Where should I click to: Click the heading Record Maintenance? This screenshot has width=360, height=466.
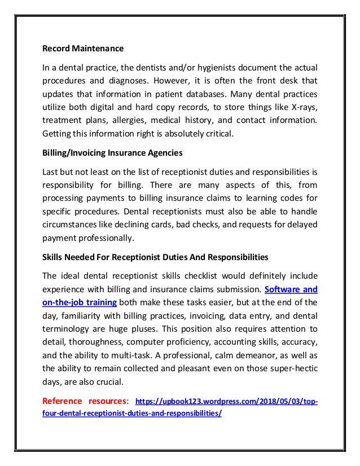click(83, 48)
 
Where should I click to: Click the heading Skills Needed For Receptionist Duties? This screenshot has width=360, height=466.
click(155, 257)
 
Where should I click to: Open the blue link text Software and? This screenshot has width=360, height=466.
click(291, 289)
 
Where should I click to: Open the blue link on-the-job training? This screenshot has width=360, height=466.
click(80, 302)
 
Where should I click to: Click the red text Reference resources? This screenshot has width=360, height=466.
click(85, 401)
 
